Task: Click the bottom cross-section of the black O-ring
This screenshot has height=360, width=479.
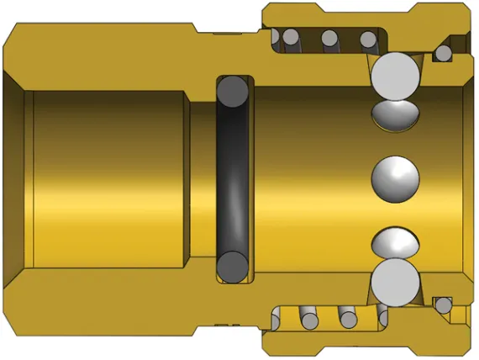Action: (x=234, y=267)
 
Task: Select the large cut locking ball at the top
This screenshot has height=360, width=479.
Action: (x=395, y=74)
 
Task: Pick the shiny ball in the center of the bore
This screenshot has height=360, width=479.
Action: (x=395, y=178)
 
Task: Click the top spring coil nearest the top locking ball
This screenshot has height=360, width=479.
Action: (x=368, y=39)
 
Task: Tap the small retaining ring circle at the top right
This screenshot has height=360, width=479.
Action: (x=442, y=55)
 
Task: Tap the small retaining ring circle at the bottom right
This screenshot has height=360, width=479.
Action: (x=442, y=304)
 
